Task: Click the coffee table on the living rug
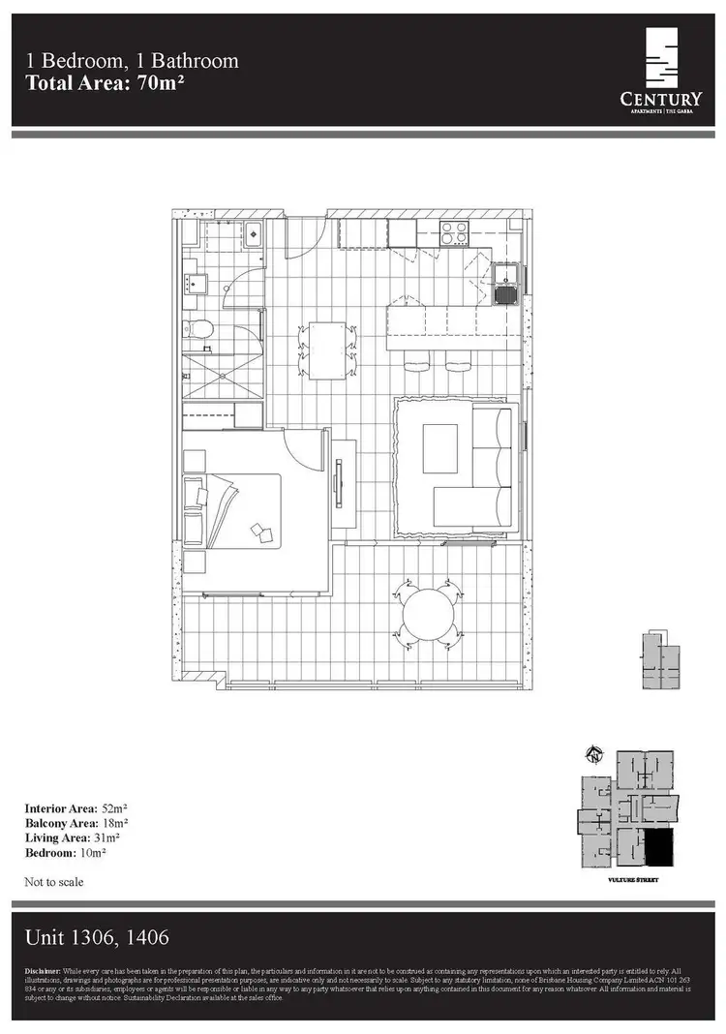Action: pos(440,448)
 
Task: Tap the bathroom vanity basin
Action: pos(194,284)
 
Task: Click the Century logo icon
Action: pos(662,59)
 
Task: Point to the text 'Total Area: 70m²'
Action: pos(106,82)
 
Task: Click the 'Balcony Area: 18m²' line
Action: pos(73,823)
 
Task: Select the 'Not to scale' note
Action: pos(54,882)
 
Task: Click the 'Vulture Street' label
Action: pos(627,880)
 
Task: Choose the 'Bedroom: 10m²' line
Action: pos(65,853)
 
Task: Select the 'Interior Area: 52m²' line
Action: pos(74,807)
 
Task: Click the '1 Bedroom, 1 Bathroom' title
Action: pos(133,61)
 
